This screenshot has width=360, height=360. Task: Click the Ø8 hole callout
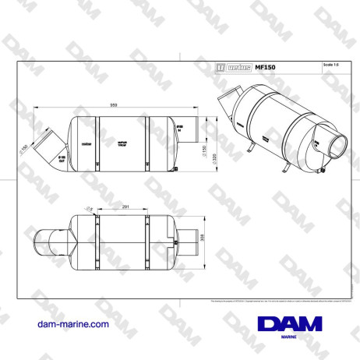click(90, 209)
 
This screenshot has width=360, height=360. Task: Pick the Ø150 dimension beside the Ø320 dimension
click(203, 153)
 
